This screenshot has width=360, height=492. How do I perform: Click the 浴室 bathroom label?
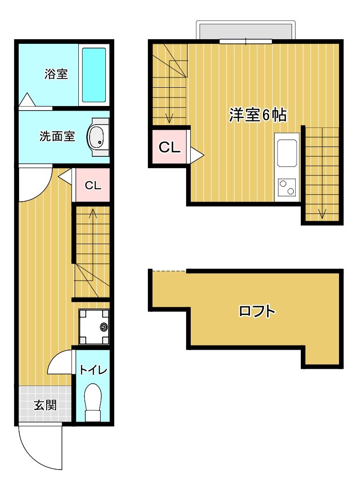point(56,74)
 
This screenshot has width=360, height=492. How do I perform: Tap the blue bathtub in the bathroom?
point(94,75)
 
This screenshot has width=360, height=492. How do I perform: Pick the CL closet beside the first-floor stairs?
point(93,185)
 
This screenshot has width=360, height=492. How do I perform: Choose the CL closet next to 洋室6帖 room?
point(169,147)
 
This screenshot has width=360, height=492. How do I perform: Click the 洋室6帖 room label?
point(257,115)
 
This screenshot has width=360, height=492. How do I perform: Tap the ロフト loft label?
point(256,311)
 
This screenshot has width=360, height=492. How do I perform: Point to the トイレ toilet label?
point(93,371)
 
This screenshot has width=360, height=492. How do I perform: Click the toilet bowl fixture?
point(93,401)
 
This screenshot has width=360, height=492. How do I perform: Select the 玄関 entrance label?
point(45,405)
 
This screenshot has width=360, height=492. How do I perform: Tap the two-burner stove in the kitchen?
point(287,188)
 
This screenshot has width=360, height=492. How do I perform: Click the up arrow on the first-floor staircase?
point(92,215)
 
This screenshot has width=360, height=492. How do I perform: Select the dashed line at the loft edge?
point(169,271)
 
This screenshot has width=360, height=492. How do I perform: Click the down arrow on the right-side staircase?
point(322,213)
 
